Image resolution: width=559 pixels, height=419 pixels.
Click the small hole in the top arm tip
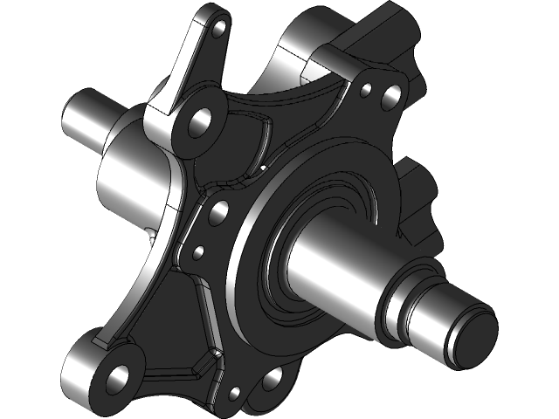[x=218, y=29]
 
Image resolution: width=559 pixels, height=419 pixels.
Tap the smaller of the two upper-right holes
[x=366, y=88]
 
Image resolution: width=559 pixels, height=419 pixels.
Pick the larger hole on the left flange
[x=219, y=209]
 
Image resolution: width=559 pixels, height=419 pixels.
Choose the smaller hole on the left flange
[x=198, y=252]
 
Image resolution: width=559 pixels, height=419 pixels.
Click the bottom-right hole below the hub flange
[x=272, y=377]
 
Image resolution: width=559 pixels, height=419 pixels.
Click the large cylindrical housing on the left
[x=131, y=179]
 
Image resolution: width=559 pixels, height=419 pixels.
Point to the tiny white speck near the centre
[x=261, y=164]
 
